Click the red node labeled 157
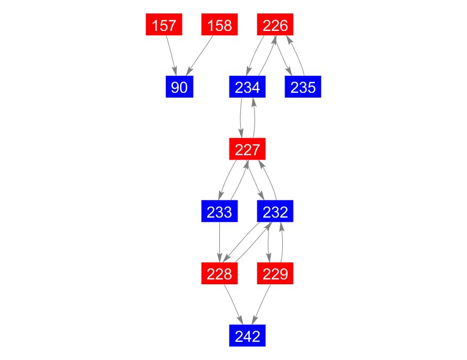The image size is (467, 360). coord(164,25)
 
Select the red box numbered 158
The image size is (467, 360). coord(219,25)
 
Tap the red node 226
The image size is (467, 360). coord(275,25)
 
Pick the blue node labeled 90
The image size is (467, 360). coord(179,86)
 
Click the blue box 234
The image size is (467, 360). coord(247,86)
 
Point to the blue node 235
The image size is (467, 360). coord(303,86)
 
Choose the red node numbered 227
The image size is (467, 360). coord(247,149)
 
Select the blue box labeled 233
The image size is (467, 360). coord(219,211)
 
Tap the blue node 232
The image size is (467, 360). coord(275,211)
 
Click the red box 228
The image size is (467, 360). coord(219,273)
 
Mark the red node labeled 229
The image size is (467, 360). coord(275,273)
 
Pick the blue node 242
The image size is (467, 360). coord(247,335)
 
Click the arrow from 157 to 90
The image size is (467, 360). coord(171,55)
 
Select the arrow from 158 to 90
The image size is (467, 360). coord(199,55)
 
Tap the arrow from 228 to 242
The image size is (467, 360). coord(234,305)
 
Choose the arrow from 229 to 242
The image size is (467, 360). coord(261,305)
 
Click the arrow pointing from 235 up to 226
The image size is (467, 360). coord(297,55)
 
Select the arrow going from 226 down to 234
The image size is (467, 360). coord(254,55)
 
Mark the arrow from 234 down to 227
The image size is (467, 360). coord(241,118)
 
